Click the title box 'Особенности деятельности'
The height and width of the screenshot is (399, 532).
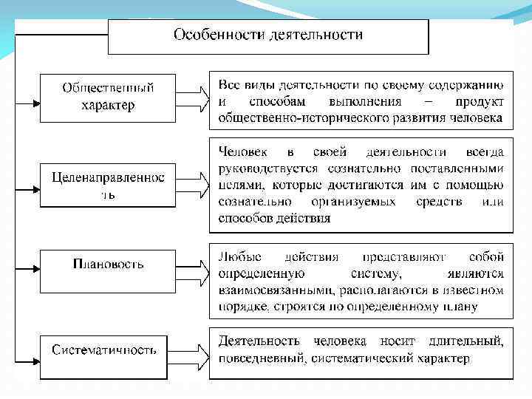(x=268, y=36)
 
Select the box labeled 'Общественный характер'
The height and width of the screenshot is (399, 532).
(x=108, y=96)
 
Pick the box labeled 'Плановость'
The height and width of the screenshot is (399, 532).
(x=108, y=265)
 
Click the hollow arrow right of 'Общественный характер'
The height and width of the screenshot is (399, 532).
(x=193, y=97)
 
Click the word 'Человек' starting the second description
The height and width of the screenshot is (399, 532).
(x=243, y=152)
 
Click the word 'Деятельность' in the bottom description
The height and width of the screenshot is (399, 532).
(x=259, y=341)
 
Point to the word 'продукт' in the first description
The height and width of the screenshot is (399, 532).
(x=480, y=101)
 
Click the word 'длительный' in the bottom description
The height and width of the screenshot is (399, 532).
(x=470, y=341)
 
